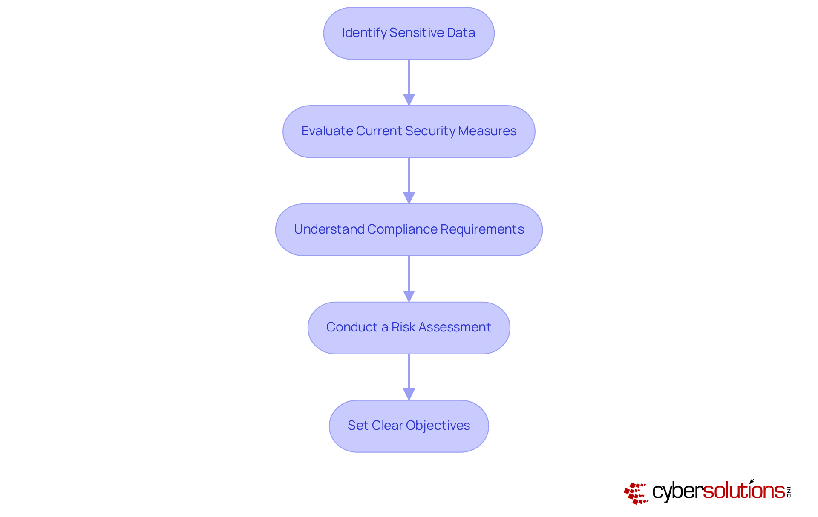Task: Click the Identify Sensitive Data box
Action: [x=409, y=33]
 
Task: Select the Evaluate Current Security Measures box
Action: [x=409, y=131]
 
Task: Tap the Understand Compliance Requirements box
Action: [x=409, y=230]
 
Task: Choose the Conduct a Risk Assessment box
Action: [x=409, y=328]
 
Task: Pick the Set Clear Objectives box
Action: [x=409, y=426]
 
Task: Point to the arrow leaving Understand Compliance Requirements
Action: [x=409, y=278]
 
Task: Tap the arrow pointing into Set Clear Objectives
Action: [x=409, y=377]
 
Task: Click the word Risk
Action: [x=403, y=327]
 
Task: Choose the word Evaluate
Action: [x=327, y=131]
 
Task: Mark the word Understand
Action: [x=328, y=229]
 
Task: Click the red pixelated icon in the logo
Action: [x=636, y=493]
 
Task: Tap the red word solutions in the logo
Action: [x=743, y=491]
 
